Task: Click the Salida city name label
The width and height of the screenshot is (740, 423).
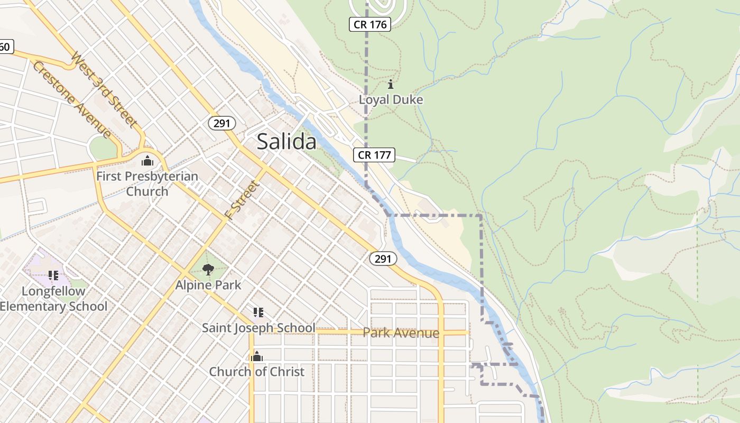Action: tap(286, 142)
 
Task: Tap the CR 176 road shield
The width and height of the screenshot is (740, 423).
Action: tap(370, 24)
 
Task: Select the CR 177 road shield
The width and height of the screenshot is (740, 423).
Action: tap(374, 155)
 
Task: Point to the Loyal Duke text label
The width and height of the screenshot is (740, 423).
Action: tap(391, 99)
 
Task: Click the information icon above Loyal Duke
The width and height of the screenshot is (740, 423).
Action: tap(391, 84)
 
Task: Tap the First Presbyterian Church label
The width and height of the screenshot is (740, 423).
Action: tap(147, 183)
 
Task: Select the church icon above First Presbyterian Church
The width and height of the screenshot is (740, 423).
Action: tap(147, 161)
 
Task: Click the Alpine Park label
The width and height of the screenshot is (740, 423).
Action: tap(208, 285)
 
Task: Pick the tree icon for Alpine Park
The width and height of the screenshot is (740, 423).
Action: tap(208, 270)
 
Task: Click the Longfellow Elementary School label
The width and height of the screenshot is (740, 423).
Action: tap(53, 299)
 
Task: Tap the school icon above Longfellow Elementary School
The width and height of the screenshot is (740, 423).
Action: tap(53, 275)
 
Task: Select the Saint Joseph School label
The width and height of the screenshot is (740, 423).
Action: tap(258, 328)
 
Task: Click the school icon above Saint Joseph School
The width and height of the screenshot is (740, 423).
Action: tap(258, 312)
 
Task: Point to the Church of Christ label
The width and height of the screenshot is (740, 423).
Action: tap(257, 372)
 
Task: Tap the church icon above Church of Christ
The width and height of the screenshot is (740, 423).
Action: tap(257, 357)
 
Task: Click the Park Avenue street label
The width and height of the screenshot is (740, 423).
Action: tap(401, 333)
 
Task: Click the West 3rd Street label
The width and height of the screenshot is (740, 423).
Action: tap(104, 89)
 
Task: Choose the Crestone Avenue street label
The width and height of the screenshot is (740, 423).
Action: tap(71, 99)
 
